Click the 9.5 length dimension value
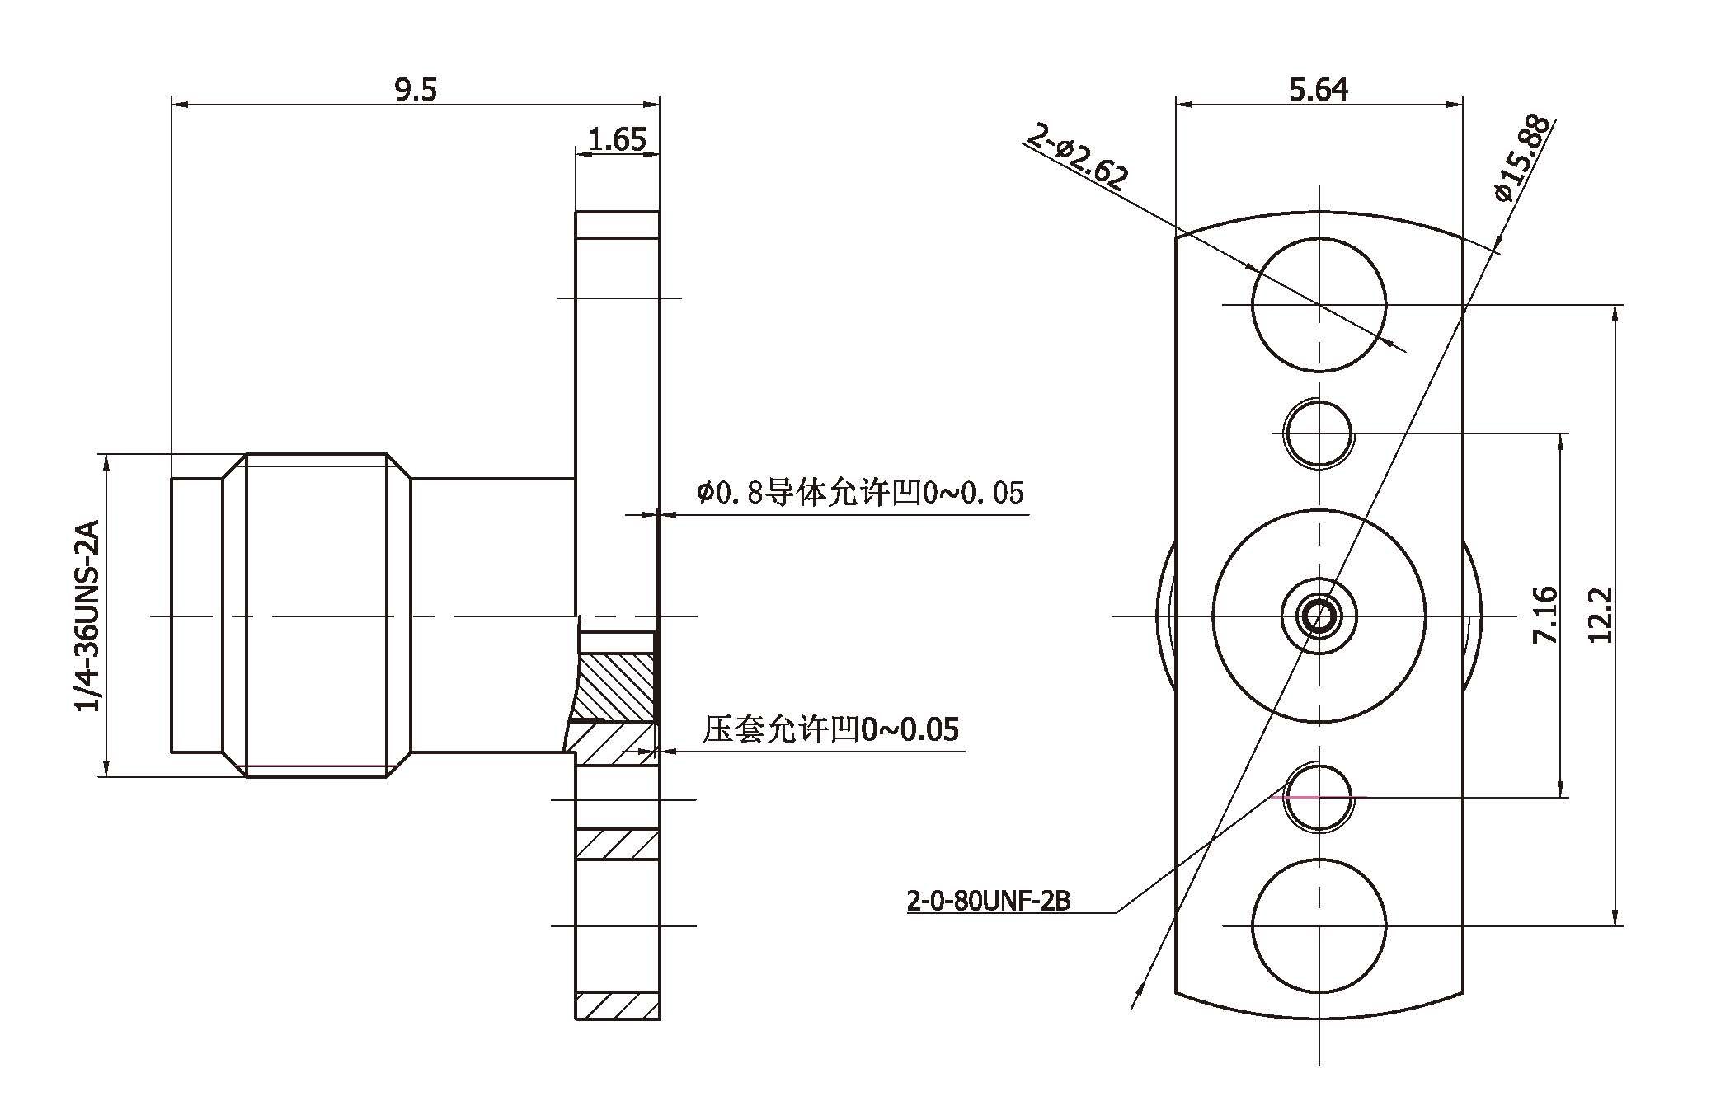(415, 89)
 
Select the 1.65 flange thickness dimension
(618, 139)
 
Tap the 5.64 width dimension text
(1319, 89)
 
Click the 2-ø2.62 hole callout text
(1077, 156)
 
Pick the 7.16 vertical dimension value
(1544, 615)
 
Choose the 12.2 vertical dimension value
(1599, 615)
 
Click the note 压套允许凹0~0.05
(830, 729)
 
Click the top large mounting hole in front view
(1319, 304)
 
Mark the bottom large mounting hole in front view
(1319, 925)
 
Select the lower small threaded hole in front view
(1319, 797)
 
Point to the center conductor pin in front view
(1319, 615)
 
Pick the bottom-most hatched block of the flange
(618, 1006)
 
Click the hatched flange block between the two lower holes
(618, 845)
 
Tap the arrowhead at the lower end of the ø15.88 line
(1136, 997)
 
